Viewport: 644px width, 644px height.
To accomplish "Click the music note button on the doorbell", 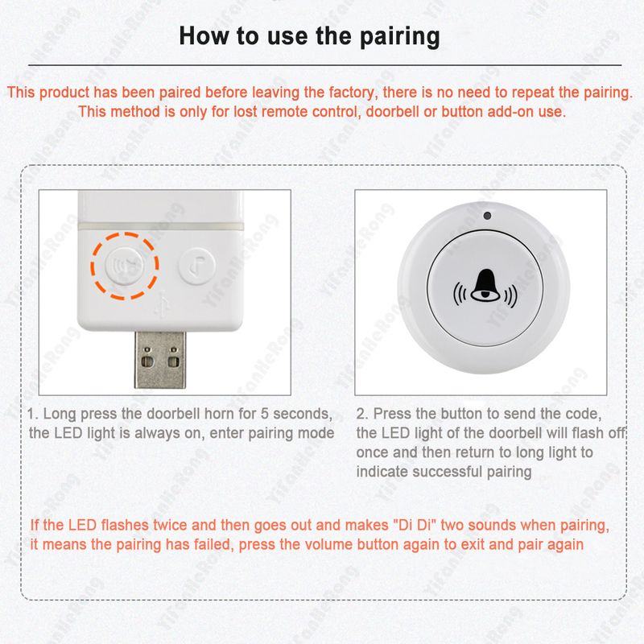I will click(x=194, y=263).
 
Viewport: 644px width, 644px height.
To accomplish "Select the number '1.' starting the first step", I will click(x=33, y=414).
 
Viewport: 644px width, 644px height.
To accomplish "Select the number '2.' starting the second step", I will click(x=362, y=414).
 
